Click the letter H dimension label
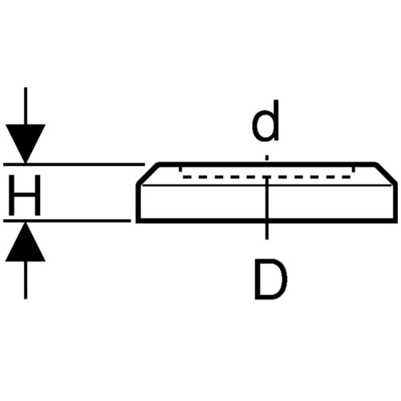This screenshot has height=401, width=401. [25, 195]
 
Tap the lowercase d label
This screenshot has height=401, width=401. [265, 120]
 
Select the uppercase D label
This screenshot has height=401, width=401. [270, 279]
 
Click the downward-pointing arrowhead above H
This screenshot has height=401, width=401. [26, 144]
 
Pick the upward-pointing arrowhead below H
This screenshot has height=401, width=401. [26, 241]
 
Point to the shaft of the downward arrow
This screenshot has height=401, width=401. [26, 106]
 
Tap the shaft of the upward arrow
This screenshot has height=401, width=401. [26, 280]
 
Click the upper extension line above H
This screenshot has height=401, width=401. [74, 164]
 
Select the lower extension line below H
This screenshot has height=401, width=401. [67, 221]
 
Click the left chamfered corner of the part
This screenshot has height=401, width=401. [148, 173]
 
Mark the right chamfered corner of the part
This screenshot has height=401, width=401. [386, 173]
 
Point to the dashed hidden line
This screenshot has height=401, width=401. [266, 177]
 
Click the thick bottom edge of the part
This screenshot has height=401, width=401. [267, 221]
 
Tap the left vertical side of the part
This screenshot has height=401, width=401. [138, 203]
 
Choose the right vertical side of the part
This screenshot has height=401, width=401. [395, 203]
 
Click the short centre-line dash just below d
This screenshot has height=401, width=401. [266, 158]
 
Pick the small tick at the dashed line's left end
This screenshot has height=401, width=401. [180, 169]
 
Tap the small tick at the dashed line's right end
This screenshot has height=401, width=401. [353, 169]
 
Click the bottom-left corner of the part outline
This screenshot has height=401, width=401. [138, 221]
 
